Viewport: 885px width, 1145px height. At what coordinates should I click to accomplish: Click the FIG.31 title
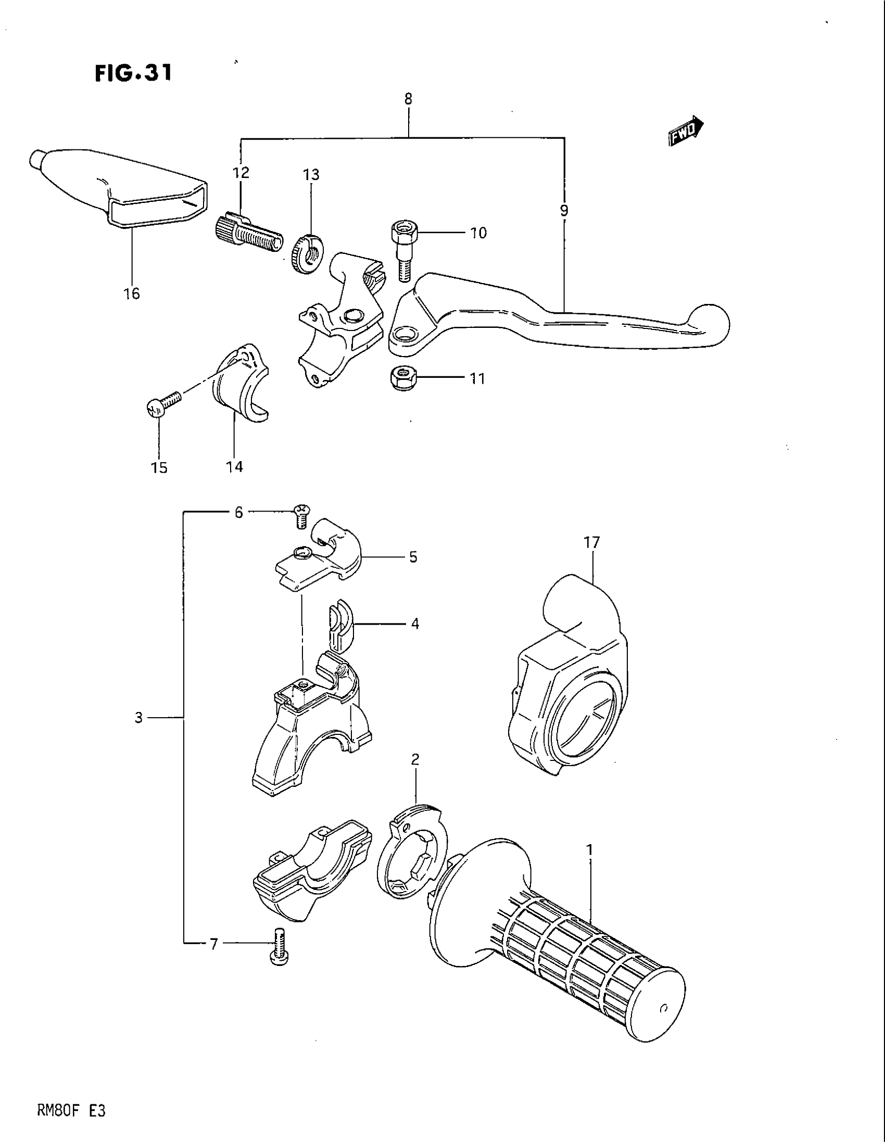(x=133, y=73)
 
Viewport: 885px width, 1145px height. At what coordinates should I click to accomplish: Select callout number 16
(x=132, y=294)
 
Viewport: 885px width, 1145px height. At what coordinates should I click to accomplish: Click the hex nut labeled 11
(x=401, y=377)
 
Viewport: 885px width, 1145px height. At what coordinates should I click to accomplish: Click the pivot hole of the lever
(x=404, y=334)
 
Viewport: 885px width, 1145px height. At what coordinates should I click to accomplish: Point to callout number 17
(x=591, y=543)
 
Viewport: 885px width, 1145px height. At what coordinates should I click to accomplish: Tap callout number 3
(x=138, y=718)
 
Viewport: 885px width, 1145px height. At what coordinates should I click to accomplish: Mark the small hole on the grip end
(x=664, y=1008)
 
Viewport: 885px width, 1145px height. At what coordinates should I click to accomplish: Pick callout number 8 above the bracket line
(x=409, y=98)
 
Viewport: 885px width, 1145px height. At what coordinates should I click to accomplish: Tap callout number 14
(x=235, y=467)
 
